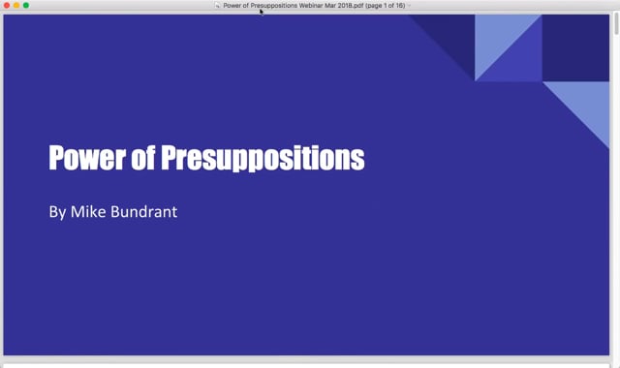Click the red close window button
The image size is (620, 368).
tap(7, 5)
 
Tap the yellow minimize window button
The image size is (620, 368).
tap(16, 5)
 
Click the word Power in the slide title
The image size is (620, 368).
tap(87, 158)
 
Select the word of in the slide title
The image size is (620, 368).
tap(143, 157)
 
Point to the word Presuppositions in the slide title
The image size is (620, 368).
tap(263, 158)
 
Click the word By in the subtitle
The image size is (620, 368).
tap(57, 212)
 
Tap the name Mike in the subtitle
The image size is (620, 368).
tap(88, 211)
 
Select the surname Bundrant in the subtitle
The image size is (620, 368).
tap(144, 211)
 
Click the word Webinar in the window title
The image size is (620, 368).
tap(311, 6)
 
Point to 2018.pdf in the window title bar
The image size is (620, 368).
tap(351, 6)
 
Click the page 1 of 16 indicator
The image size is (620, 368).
tap(386, 6)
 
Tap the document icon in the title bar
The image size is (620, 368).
tap(217, 6)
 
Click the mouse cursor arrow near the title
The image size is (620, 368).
tap(262, 12)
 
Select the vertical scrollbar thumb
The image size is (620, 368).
tap(616, 23)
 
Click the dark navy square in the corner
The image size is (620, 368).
tap(575, 47)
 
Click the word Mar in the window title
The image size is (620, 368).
tap(330, 6)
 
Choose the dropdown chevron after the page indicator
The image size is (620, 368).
tap(409, 6)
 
